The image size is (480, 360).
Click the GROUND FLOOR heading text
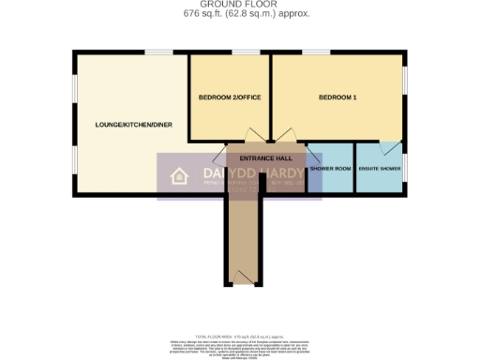239,5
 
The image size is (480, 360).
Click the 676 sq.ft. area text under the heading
240,14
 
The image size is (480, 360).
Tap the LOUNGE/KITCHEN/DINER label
133,124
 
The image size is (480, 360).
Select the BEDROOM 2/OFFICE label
229,97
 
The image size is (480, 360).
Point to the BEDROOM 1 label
337,97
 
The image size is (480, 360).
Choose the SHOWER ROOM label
330,168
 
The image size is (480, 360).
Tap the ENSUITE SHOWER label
380,168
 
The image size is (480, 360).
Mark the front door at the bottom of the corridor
245,275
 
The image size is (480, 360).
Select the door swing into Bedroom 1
286,135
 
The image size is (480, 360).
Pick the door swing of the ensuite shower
388,148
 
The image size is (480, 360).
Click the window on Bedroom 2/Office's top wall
246,52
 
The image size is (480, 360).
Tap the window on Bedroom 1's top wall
316,52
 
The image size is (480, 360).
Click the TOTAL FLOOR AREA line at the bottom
240,335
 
